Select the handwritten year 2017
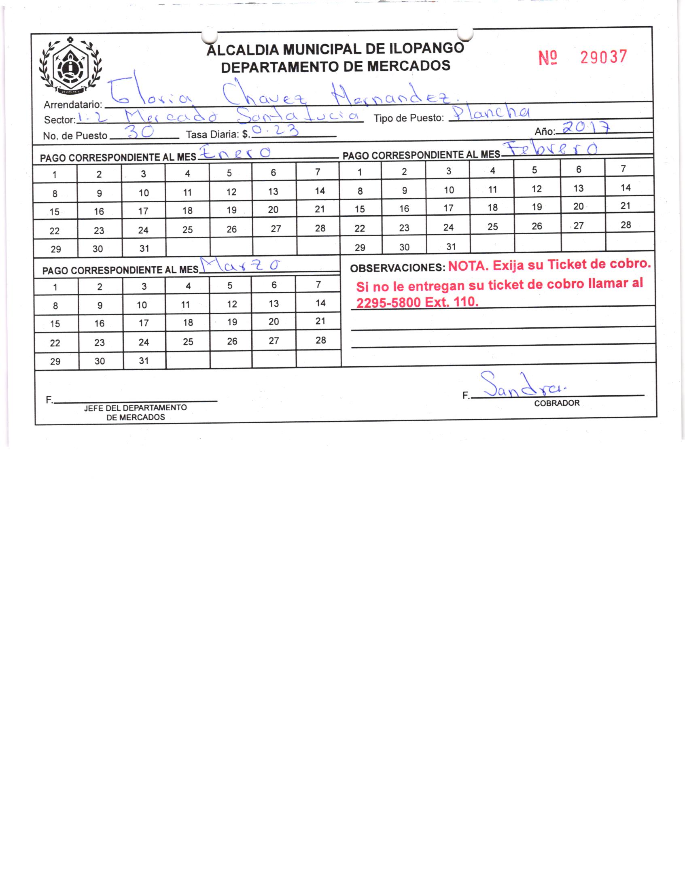tap(585, 128)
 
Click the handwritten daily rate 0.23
tap(275, 131)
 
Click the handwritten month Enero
tap(235, 153)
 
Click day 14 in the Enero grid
tap(320, 191)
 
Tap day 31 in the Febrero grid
tap(451, 246)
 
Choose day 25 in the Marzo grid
tap(188, 342)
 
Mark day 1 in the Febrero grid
tap(359, 172)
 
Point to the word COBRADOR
tap(557, 403)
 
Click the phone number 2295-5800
tap(388, 303)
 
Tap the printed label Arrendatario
tap(73, 104)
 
